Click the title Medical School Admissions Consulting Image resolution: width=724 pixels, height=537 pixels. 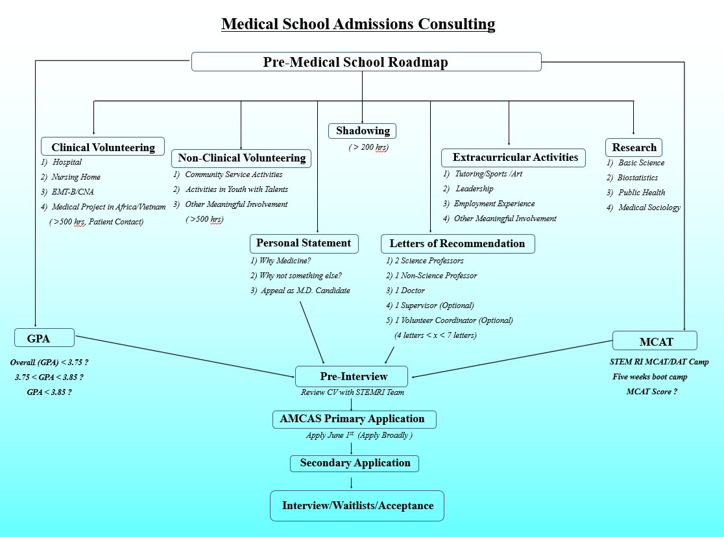pyautogui.click(x=358, y=24)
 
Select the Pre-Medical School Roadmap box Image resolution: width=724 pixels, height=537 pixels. pyautogui.click(x=366, y=62)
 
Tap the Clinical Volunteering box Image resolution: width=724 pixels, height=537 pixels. pyautogui.click(x=103, y=147)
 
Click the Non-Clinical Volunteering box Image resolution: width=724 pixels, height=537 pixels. pyautogui.click(x=241, y=158)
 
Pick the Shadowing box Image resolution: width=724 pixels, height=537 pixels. pyautogui.click(x=362, y=131)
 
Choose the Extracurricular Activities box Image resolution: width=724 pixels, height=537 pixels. pyautogui.click(x=514, y=158)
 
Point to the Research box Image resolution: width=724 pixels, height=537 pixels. pyautogui.click(x=634, y=147)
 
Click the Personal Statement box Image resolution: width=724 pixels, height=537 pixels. pyautogui.click(x=304, y=243)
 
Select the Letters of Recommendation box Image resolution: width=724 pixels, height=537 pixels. pyautogui.click(x=457, y=244)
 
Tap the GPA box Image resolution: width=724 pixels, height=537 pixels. pyautogui.click(x=45, y=339)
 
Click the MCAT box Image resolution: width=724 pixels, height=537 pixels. pyautogui.click(x=655, y=341)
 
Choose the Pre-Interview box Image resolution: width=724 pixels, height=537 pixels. pyautogui.click(x=352, y=376)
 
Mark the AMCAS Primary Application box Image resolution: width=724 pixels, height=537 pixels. pyautogui.click(x=354, y=419)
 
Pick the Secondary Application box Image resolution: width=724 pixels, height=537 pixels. pyautogui.click(x=354, y=463)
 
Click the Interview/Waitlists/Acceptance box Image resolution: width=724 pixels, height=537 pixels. pyautogui.click(x=357, y=506)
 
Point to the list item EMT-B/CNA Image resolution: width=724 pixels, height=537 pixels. pyautogui.click(x=73, y=192)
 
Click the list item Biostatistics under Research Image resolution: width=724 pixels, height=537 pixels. pyautogui.click(x=638, y=178)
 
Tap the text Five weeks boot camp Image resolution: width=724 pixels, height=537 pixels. pyautogui.click(x=649, y=377)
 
